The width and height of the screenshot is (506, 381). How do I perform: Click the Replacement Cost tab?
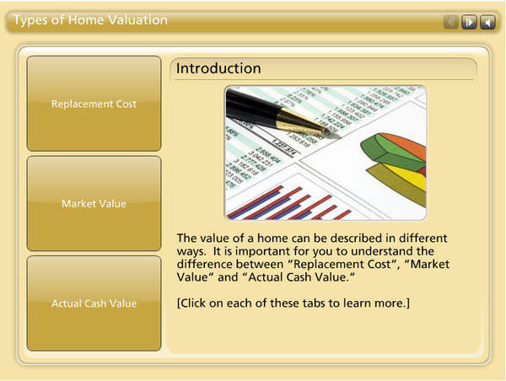tap(94, 104)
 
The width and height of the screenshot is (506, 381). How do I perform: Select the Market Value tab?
tap(94, 204)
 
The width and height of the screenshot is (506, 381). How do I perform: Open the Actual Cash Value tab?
tap(94, 303)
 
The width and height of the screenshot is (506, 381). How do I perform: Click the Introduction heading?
tap(218, 68)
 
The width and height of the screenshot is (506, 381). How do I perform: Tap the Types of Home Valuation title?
tap(90, 20)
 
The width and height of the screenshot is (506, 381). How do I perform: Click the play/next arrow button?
tap(469, 22)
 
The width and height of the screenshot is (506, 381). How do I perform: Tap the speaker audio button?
tap(487, 22)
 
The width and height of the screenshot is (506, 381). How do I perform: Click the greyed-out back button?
tap(450, 22)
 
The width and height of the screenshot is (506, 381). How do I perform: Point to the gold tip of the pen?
tap(325, 131)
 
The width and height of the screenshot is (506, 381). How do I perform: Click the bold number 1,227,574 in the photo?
tap(283, 148)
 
